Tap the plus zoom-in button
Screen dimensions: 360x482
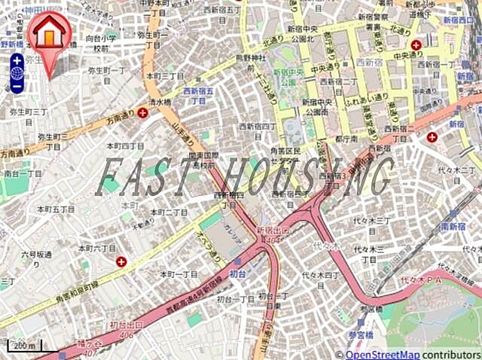pos(17,60)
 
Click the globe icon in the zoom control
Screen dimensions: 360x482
pos(17,73)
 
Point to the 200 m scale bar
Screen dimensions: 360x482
pos(24,346)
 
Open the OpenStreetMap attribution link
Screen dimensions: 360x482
pos(382,355)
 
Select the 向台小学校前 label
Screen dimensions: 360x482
pos(101,43)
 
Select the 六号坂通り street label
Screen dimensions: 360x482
pos(37,258)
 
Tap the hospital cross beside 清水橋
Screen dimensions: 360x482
pos(142,111)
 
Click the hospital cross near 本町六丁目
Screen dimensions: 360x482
pos(121,261)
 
